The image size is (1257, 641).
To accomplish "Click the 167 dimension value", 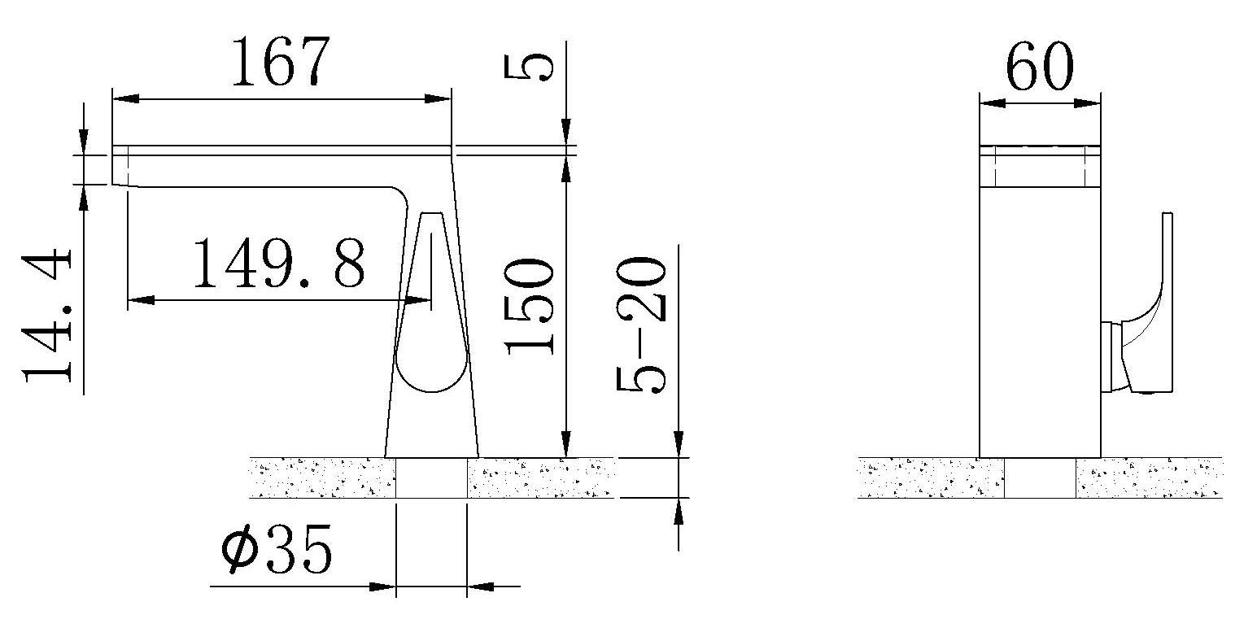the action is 280,62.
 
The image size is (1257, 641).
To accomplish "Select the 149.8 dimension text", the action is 279,263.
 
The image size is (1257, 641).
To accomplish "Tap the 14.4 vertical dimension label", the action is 47,316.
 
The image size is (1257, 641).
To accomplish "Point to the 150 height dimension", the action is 529,306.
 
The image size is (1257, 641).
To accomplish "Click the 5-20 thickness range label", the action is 641,325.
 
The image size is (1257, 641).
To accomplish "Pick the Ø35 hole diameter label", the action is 277,550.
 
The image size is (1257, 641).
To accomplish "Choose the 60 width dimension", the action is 1040,66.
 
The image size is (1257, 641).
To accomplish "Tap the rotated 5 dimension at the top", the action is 528,67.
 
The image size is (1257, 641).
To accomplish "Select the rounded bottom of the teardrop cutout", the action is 431,375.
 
